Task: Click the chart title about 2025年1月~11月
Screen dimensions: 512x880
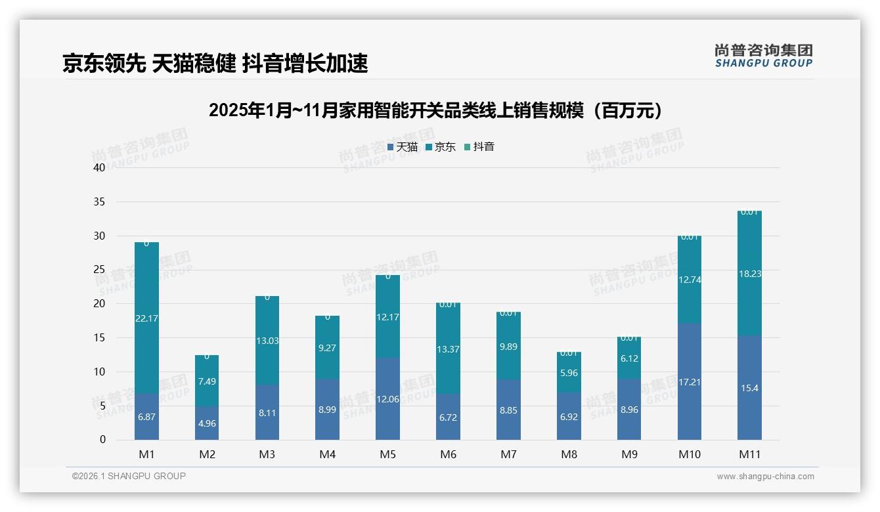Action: click(x=435, y=110)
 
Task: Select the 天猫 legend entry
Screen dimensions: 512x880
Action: click(x=403, y=147)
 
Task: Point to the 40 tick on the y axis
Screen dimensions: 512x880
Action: click(x=99, y=167)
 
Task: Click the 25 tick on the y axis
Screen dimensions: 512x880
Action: click(x=99, y=270)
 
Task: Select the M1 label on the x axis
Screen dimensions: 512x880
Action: click(x=146, y=454)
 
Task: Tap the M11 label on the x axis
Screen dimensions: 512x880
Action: click(x=749, y=454)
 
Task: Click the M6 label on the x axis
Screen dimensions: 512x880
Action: click(x=448, y=454)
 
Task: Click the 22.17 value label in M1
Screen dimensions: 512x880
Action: click(x=146, y=318)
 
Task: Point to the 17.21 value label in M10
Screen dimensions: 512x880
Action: click(x=689, y=382)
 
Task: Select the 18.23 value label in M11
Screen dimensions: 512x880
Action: click(x=749, y=274)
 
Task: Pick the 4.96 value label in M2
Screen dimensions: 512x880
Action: click(x=207, y=423)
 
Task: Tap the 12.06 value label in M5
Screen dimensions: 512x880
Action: click(x=387, y=399)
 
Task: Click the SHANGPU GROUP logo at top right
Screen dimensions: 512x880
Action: click(x=763, y=56)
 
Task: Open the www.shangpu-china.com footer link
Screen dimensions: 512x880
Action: click(x=765, y=477)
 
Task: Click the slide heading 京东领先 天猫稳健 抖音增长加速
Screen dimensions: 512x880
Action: click(x=215, y=63)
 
